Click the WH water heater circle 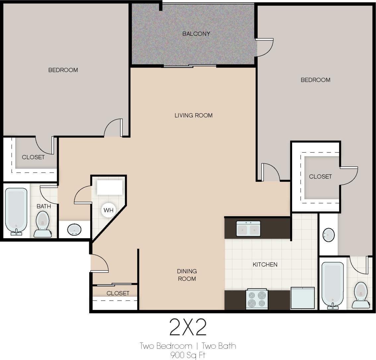point(108,210)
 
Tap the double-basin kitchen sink point(248,229)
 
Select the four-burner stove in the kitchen point(257,299)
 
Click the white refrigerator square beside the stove point(302,298)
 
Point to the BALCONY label point(196,34)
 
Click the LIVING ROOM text point(193,115)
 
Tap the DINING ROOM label point(187,275)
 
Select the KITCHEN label point(265,264)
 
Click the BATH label point(44,206)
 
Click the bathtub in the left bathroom point(16,211)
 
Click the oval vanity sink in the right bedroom point(328,235)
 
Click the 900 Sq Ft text point(188,355)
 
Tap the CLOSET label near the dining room point(118,293)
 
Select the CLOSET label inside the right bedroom point(320,177)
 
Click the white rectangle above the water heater point(110,187)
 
